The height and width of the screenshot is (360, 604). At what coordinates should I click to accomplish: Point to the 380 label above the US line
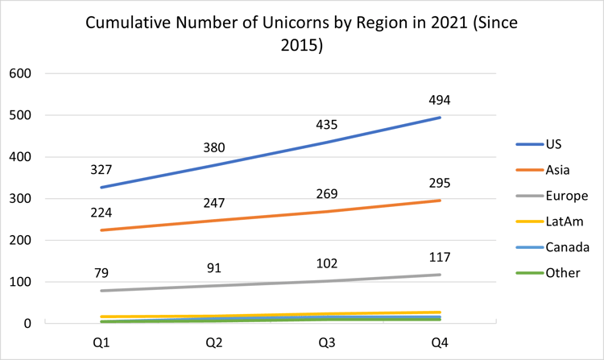pyautogui.click(x=213, y=147)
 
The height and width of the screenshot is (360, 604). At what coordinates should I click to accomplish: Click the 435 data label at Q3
pyautogui.click(x=327, y=125)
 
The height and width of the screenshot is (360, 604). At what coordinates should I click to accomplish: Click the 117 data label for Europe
pyautogui.click(x=440, y=257)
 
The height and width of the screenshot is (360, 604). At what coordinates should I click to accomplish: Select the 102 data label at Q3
pyautogui.click(x=327, y=263)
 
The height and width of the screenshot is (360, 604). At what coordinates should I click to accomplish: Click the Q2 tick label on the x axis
pyautogui.click(x=213, y=341)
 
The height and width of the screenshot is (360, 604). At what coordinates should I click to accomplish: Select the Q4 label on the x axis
pyautogui.click(x=440, y=341)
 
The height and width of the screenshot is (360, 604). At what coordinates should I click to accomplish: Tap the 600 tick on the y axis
pyautogui.click(x=20, y=73)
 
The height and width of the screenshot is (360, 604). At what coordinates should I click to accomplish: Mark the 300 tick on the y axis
pyautogui.click(x=20, y=198)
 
